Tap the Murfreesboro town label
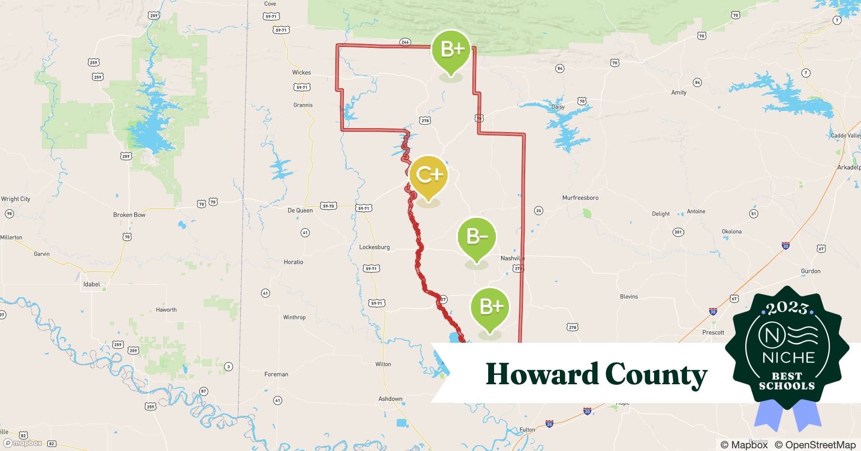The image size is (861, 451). pos(580,198)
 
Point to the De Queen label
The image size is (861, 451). pos(300,210)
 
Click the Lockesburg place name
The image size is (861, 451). pos(374,247)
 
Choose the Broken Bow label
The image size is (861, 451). pos(129,215)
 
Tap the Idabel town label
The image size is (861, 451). pos(92,284)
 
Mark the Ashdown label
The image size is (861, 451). pos(390,399)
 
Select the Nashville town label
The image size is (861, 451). pos(512,258)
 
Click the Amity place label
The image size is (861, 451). pos(678,92)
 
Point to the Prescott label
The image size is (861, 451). pos(713,332)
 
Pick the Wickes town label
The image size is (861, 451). pos(301,72)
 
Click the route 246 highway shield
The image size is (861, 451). pos(405,42)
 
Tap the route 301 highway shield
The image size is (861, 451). pos(678,232)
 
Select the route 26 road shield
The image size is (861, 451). pos(538,210)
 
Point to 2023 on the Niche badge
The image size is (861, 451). pos(787,308)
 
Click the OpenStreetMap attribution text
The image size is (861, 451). pos(815,445)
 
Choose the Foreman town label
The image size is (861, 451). pos(276,374)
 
